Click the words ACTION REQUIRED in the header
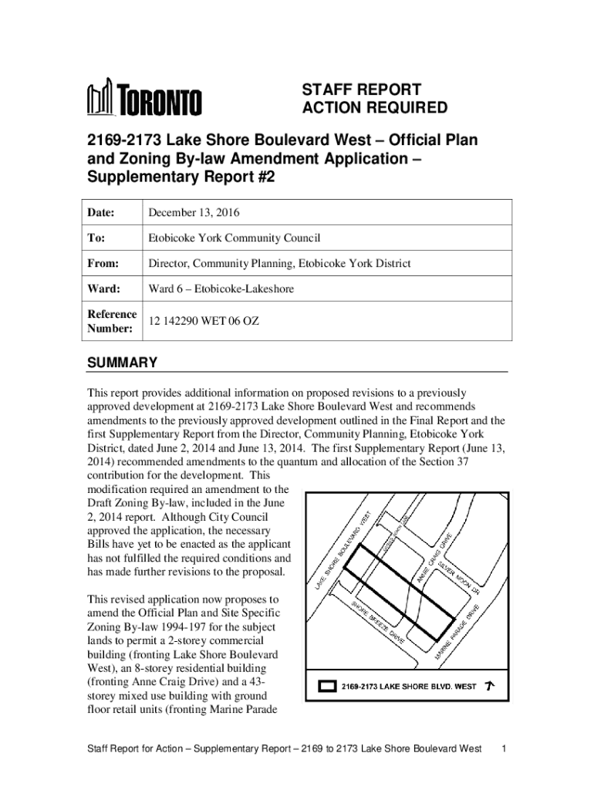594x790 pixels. [374, 107]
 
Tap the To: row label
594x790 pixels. [98, 238]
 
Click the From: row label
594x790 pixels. [103, 264]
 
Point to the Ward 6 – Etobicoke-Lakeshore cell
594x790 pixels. [221, 289]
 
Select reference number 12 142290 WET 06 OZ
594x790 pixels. [204, 321]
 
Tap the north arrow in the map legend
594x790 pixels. [490, 684]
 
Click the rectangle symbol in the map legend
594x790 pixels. [328, 685]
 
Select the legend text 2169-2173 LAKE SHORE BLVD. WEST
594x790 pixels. [410, 685]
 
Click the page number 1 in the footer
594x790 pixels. [504, 749]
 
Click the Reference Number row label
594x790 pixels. [112, 321]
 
